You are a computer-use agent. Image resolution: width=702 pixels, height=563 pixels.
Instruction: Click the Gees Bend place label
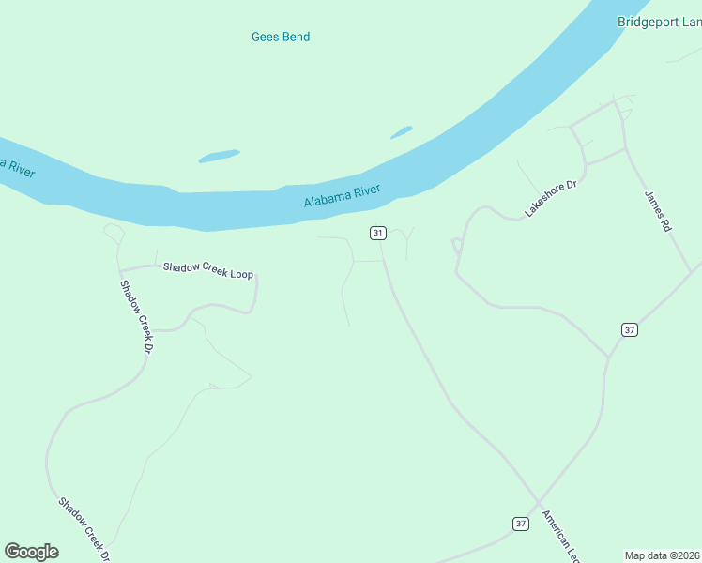(x=281, y=37)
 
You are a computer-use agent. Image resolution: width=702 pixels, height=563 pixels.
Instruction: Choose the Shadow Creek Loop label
(x=208, y=270)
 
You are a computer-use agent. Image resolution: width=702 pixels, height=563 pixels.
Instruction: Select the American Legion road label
(x=560, y=536)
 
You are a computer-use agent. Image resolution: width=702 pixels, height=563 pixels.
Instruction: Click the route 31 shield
(x=378, y=233)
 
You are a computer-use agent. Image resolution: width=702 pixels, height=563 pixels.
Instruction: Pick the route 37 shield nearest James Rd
(x=629, y=329)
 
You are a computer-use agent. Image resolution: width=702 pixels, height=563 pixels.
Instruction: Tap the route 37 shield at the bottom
(x=521, y=524)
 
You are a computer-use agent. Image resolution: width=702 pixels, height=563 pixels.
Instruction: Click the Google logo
(x=31, y=552)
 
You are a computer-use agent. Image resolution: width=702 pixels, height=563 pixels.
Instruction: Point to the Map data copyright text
(x=663, y=555)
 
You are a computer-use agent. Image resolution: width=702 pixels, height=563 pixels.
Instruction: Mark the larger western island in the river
(x=219, y=156)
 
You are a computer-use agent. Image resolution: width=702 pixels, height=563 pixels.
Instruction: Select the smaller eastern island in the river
(x=401, y=132)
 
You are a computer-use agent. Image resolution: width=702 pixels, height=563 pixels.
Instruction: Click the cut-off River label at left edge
(x=17, y=167)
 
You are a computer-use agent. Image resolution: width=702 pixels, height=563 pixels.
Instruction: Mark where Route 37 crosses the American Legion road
(x=539, y=502)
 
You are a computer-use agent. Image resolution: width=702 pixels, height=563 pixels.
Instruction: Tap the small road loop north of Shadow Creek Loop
(x=114, y=230)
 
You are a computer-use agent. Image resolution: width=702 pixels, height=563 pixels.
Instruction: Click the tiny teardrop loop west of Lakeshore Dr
(x=457, y=246)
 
